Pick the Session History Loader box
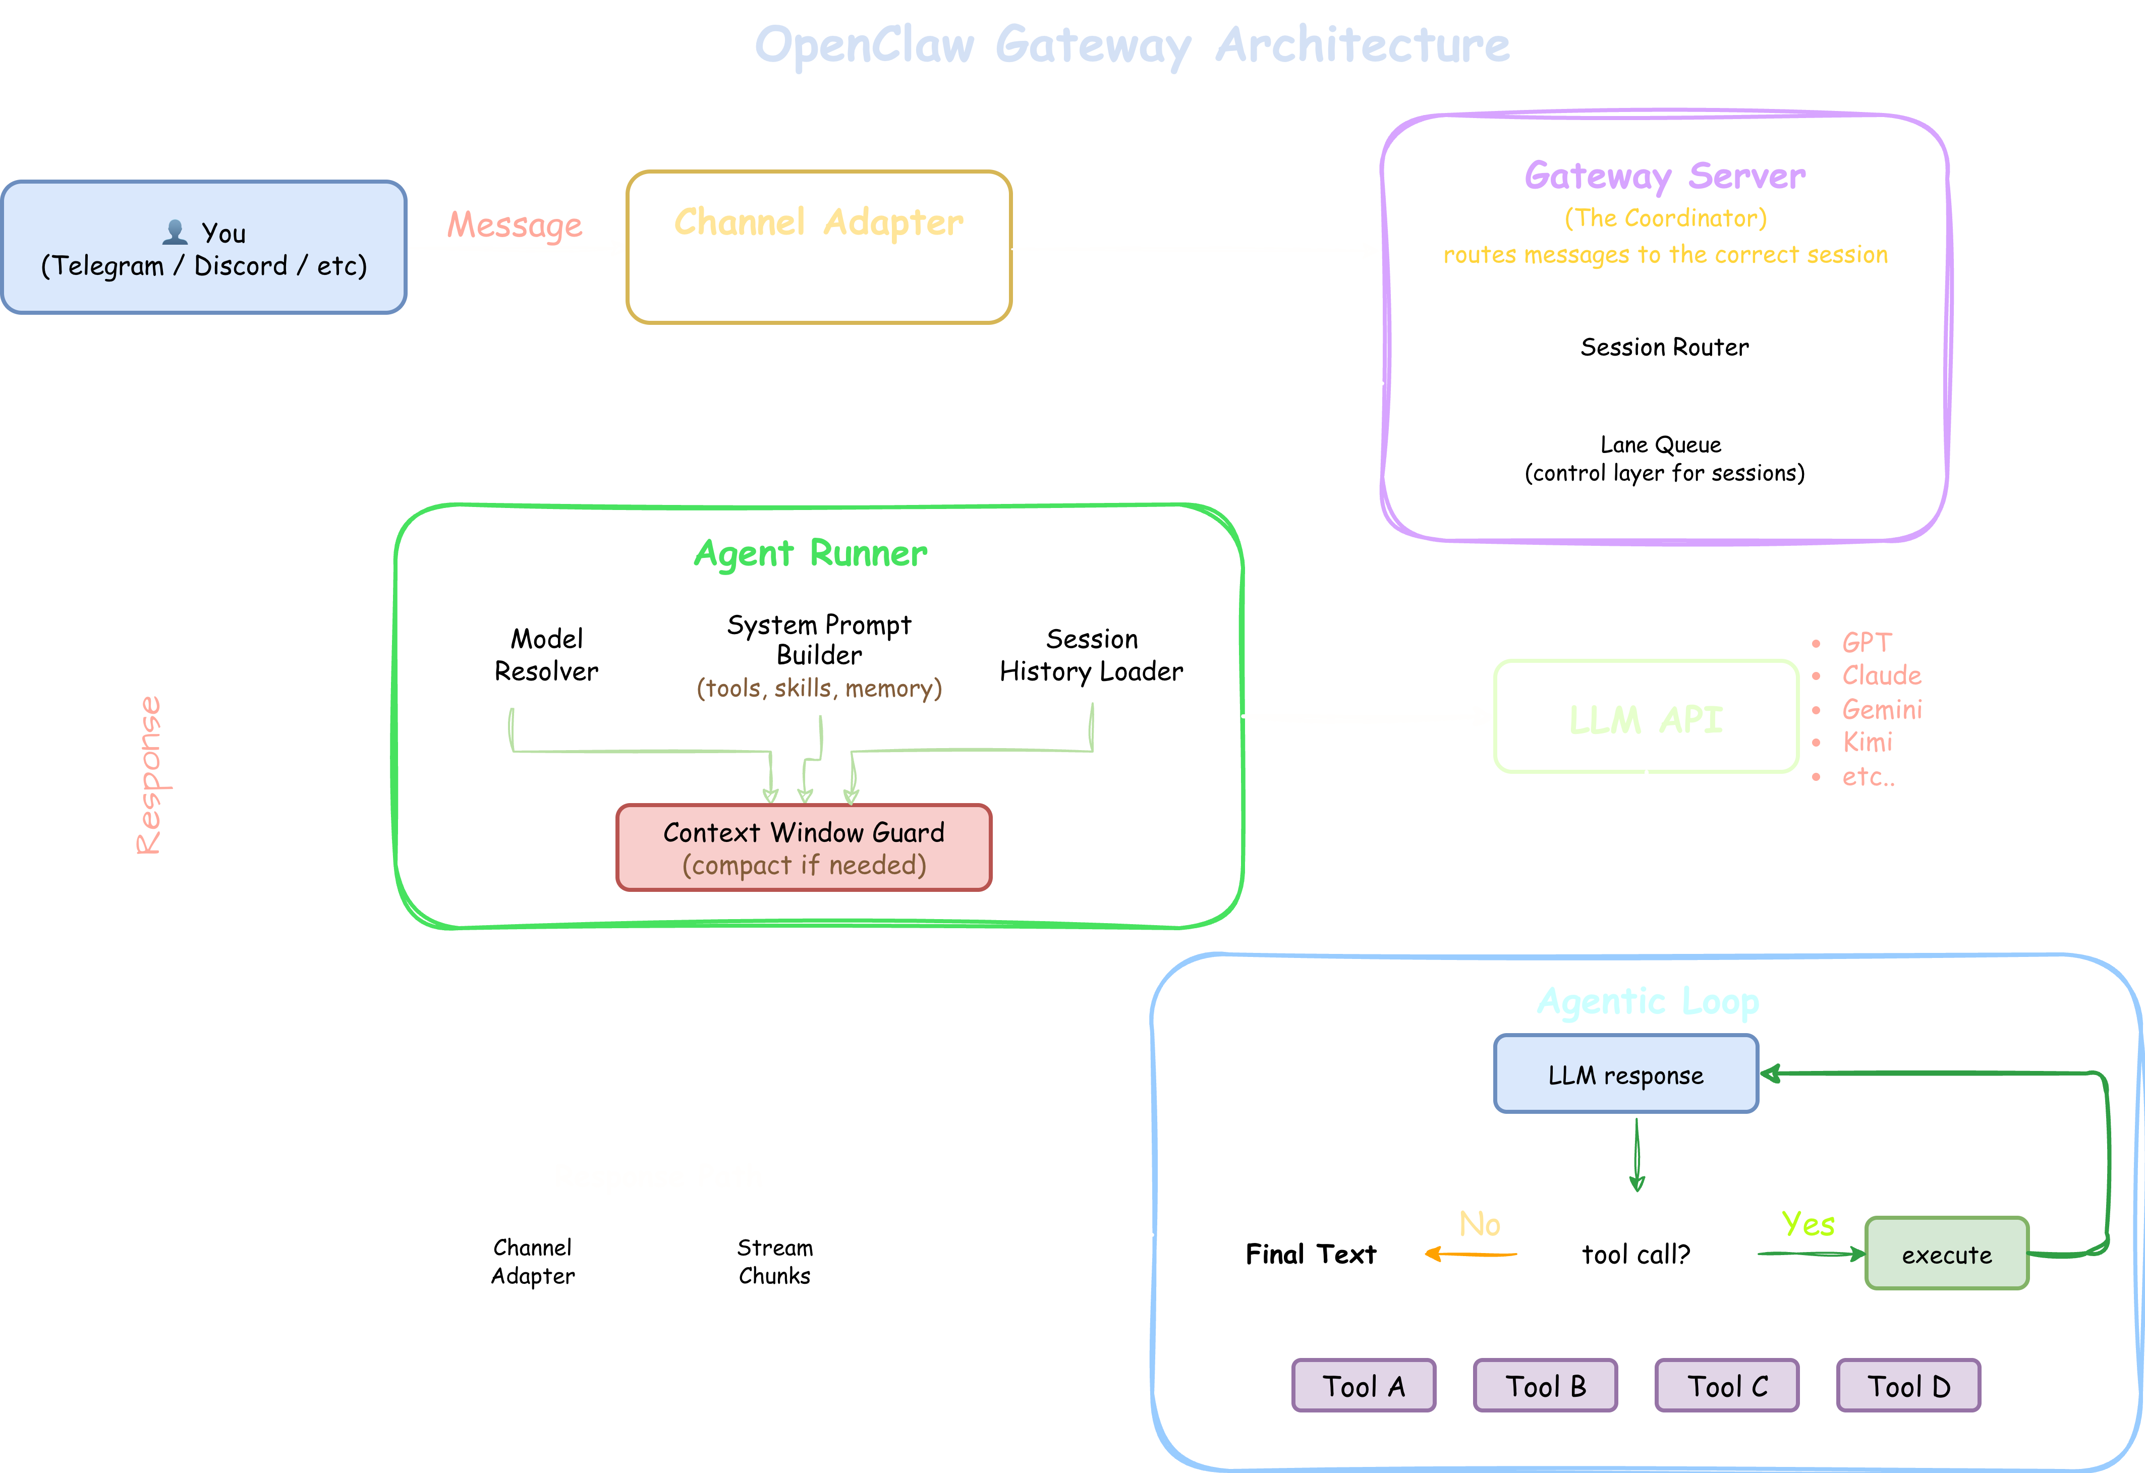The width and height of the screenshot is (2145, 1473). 1091,654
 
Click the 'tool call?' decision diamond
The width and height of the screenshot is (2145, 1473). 1635,1254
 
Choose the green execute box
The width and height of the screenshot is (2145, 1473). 1947,1254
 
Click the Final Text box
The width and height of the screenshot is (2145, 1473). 1311,1254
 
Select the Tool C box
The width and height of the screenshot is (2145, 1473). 1727,1385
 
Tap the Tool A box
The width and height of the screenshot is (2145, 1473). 1363,1385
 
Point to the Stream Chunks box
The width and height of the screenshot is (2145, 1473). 774,1261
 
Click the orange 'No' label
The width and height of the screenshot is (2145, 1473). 1480,1224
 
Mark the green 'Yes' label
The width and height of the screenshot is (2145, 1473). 1807,1224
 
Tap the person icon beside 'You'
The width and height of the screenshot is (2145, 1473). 175,232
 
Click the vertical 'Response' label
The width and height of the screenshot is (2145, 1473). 149,775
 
